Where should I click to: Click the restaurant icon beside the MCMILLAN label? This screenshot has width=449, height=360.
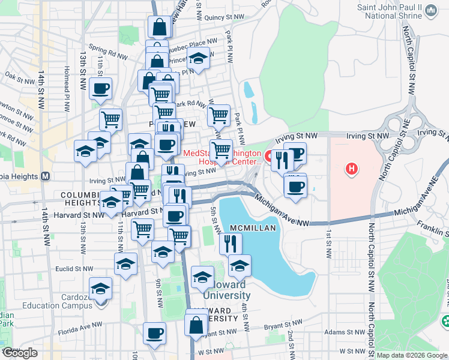(231, 243)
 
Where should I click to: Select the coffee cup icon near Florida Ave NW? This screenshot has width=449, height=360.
(154, 333)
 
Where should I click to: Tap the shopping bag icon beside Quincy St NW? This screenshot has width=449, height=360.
(159, 27)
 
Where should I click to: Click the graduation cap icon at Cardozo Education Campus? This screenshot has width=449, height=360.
(100, 288)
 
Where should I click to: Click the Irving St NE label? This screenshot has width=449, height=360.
(431, 131)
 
